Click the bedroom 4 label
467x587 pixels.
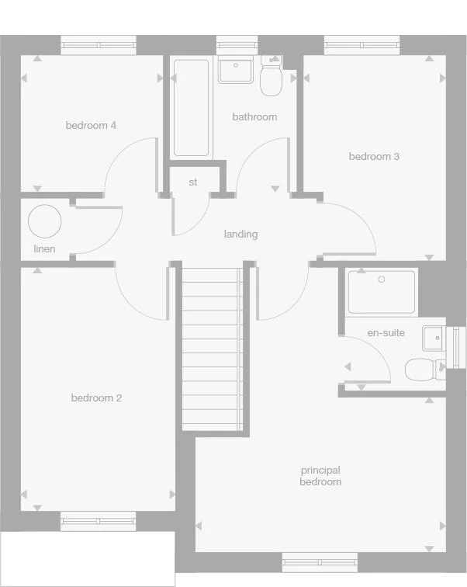click(91, 125)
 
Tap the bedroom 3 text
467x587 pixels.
click(374, 157)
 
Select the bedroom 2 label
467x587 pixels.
click(96, 398)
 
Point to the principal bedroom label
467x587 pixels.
click(320, 476)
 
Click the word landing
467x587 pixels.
click(240, 234)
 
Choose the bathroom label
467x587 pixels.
click(254, 117)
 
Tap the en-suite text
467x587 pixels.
click(386, 332)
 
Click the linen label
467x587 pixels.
click(44, 248)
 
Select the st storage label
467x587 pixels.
click(193, 182)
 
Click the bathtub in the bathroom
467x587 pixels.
click(191, 108)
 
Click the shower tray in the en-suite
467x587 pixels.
click(382, 291)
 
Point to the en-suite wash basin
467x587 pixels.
click(433, 338)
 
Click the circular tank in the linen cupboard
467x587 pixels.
click(44, 221)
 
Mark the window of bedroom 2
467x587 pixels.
click(98, 522)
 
